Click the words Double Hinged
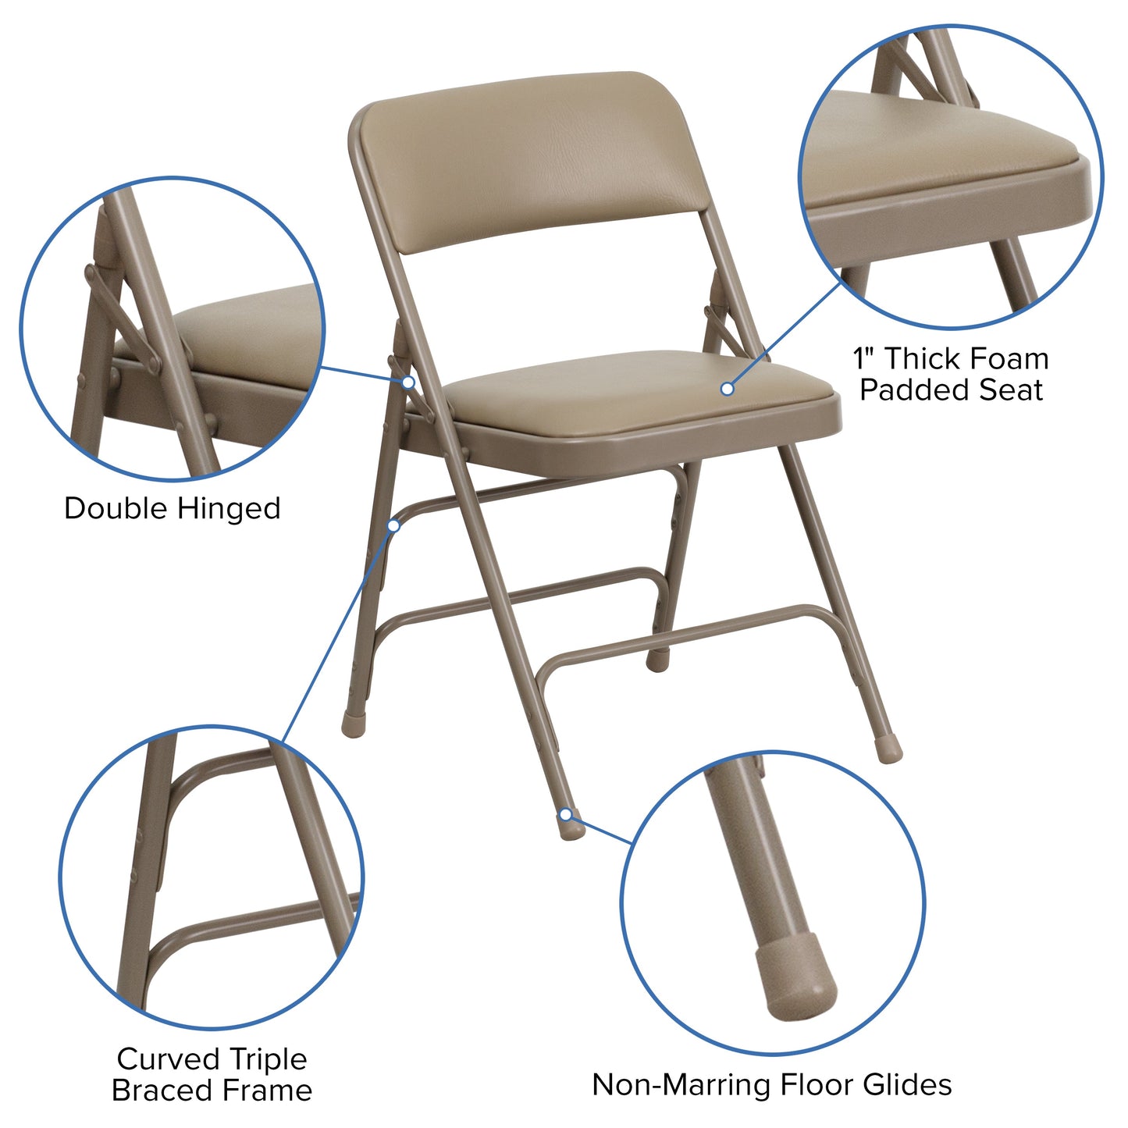pos(172,508)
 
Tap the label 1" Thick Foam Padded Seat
pos(951,374)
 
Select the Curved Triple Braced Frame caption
pos(212,1074)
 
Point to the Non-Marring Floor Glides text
pos(771,1084)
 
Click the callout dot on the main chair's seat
pos(727,388)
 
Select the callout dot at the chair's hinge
pos(408,382)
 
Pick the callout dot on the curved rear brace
pos(393,526)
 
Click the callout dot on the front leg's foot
pos(565,815)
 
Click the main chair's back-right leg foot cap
pos(888,750)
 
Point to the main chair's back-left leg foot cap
pos(351,724)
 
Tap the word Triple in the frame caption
pos(267,1059)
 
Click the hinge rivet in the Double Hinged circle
pos(91,274)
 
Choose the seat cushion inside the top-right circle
pos(937,148)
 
